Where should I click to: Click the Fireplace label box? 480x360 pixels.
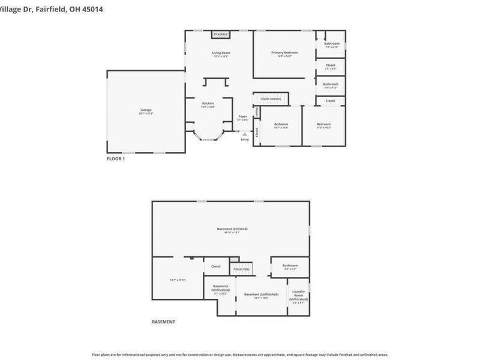(x=220, y=35)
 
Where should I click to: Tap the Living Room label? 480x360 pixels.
(x=221, y=53)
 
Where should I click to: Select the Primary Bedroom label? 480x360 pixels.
(x=284, y=53)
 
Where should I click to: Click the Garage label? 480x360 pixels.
(x=146, y=110)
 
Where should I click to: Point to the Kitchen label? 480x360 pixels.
(x=208, y=104)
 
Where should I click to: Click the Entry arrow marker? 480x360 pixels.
(x=244, y=134)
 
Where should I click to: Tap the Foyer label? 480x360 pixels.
(x=242, y=116)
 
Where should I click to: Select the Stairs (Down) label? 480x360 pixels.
(x=271, y=98)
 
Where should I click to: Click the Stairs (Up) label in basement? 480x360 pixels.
(x=241, y=269)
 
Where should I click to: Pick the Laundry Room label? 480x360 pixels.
(x=298, y=294)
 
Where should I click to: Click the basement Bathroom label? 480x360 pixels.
(x=290, y=266)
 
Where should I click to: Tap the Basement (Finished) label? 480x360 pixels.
(x=232, y=229)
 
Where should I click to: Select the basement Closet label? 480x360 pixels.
(x=215, y=266)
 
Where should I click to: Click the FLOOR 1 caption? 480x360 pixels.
(x=116, y=159)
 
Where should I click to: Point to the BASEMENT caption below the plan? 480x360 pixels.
(x=163, y=322)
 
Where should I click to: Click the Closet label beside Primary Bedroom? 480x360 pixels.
(x=331, y=65)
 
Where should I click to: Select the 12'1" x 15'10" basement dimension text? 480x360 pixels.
(x=178, y=280)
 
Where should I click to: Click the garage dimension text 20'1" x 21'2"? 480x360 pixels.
(x=146, y=113)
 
